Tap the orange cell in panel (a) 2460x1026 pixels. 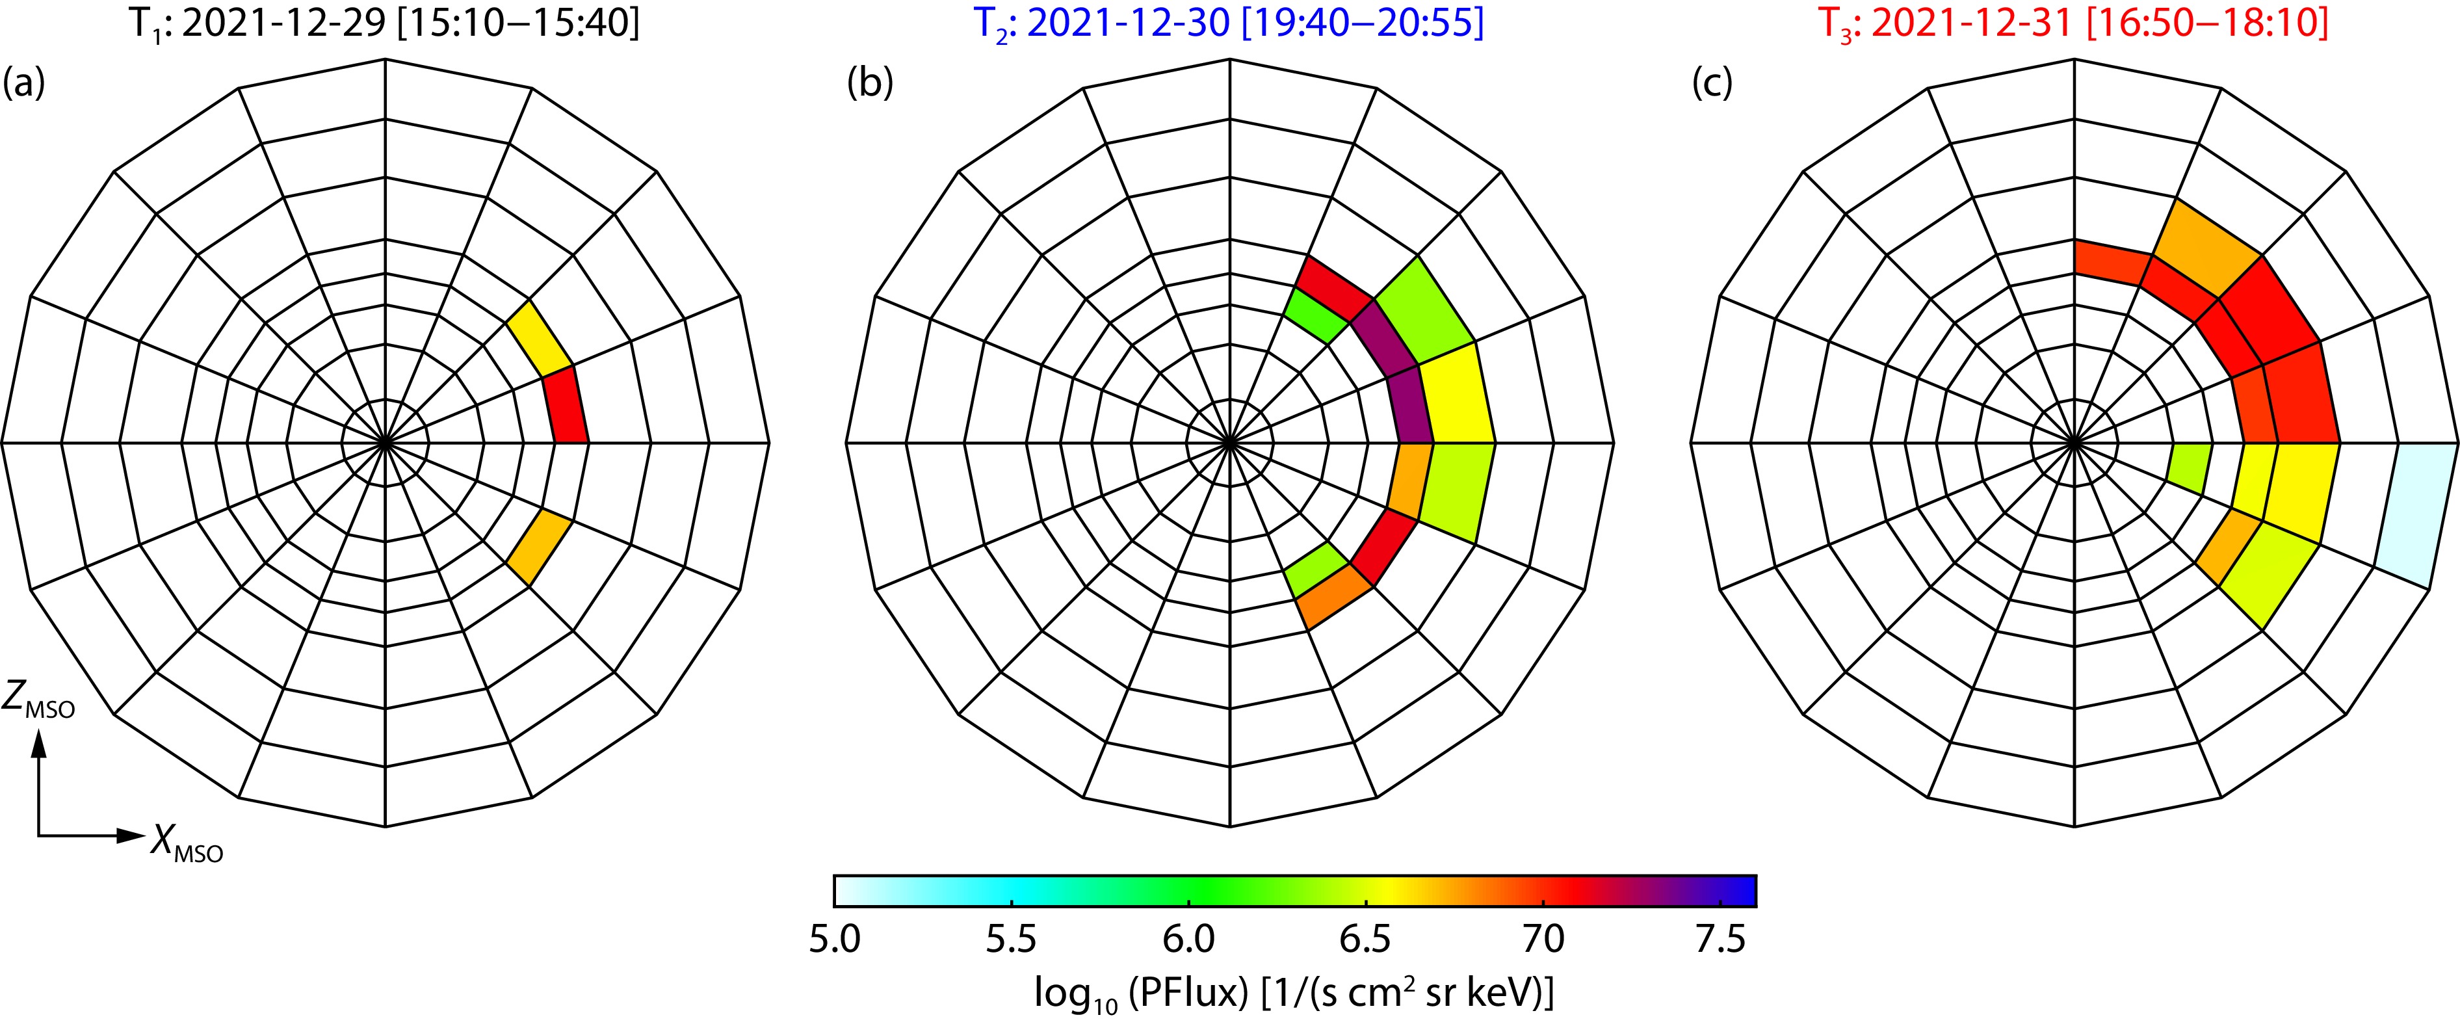click(x=538, y=548)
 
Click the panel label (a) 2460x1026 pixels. click(x=24, y=83)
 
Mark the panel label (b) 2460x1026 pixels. click(x=870, y=83)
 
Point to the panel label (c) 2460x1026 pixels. click(x=1713, y=83)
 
